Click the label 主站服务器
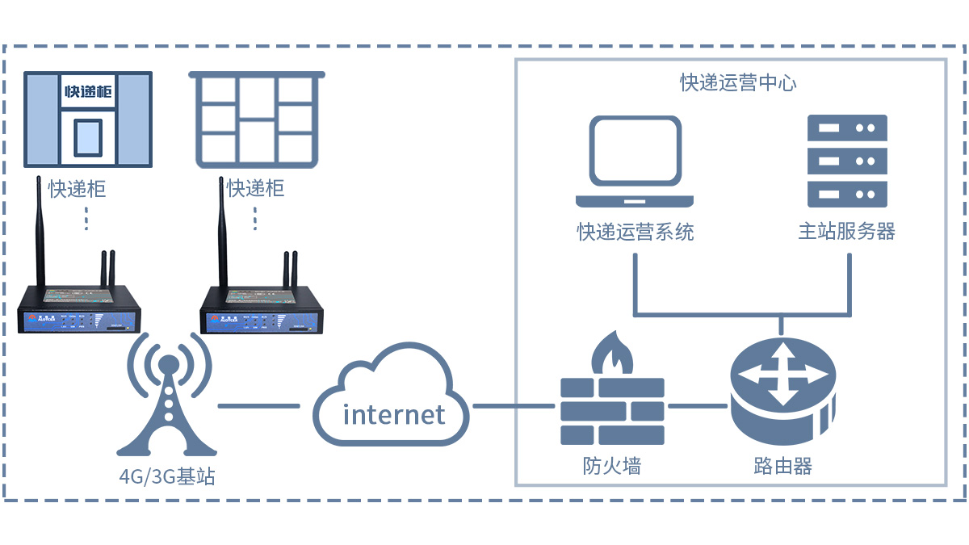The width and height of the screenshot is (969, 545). point(846,232)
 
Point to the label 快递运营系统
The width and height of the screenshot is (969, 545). point(635,233)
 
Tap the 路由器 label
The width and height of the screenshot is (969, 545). point(782,466)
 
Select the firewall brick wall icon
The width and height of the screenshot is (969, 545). point(612,411)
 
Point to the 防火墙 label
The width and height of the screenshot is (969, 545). point(612,466)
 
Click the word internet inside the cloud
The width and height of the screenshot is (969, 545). point(394,414)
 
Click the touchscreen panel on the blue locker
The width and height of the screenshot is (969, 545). point(88,136)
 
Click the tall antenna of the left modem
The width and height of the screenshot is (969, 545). point(39,234)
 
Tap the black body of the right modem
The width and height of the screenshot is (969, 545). point(262,318)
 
